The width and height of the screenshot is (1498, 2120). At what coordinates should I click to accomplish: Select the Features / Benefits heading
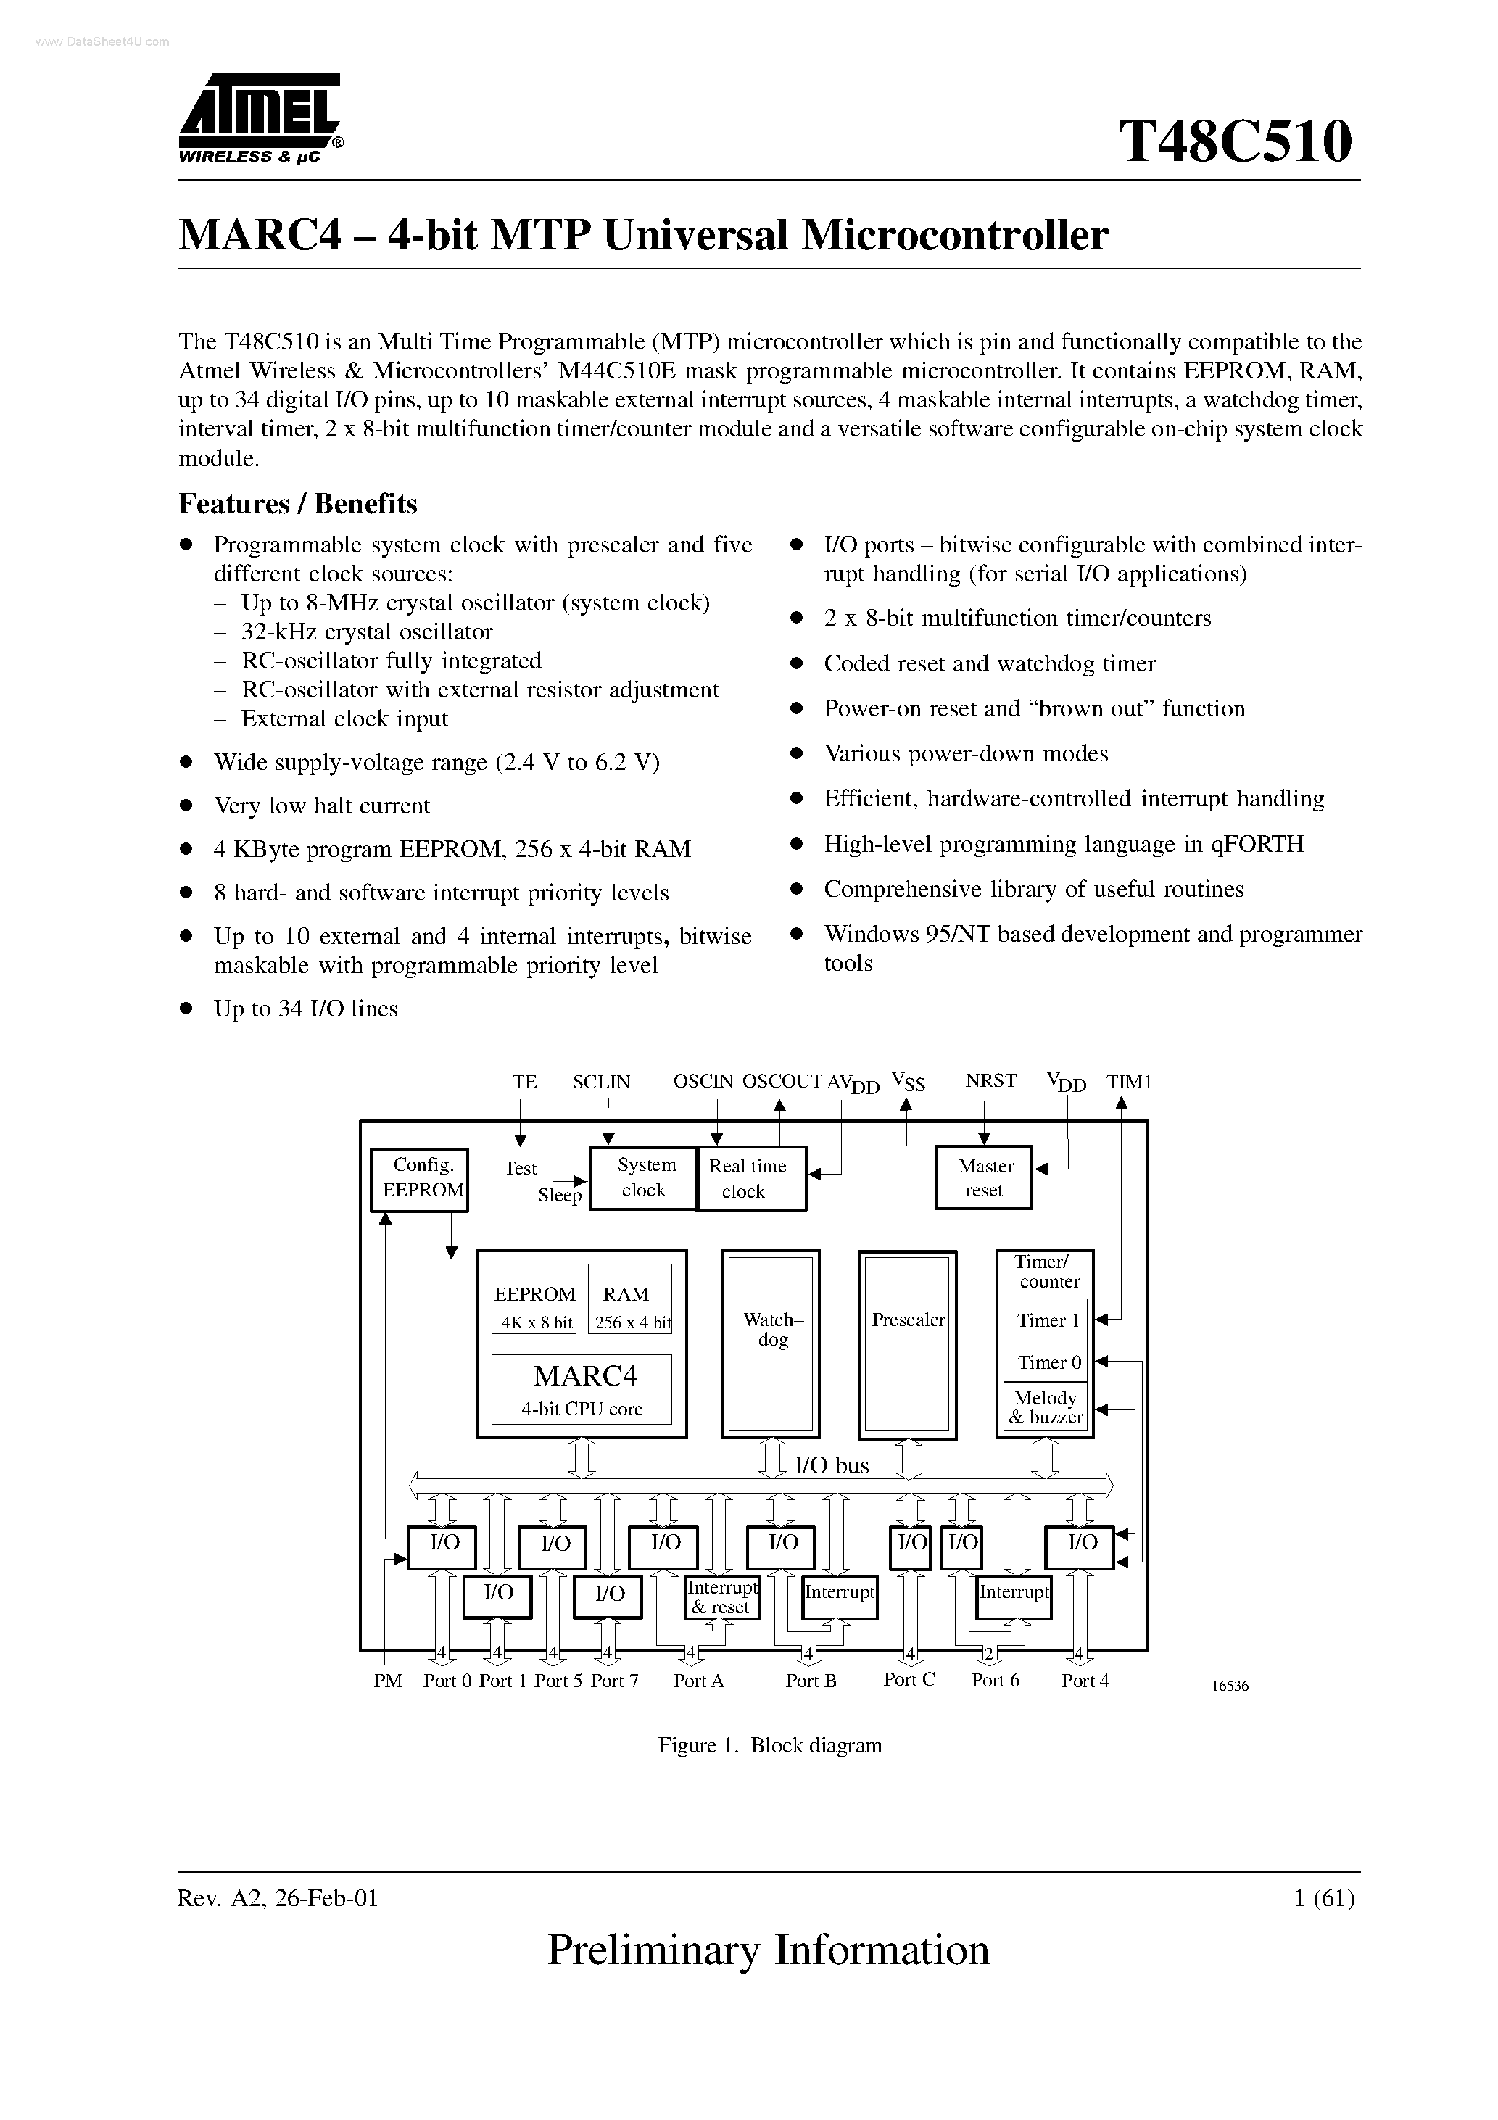click(x=297, y=503)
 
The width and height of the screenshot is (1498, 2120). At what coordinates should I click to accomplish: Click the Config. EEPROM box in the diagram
click(x=419, y=1179)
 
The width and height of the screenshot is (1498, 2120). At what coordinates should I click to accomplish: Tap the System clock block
click(x=644, y=1178)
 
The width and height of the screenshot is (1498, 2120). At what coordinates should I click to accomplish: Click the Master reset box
click(x=984, y=1178)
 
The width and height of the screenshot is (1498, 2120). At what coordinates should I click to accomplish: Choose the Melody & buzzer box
click(x=1046, y=1407)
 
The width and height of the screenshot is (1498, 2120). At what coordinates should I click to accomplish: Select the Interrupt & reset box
click(x=722, y=1597)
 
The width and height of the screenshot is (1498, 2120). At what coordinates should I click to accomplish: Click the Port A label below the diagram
click(x=698, y=1681)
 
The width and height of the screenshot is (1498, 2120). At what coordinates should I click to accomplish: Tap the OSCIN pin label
click(x=702, y=1081)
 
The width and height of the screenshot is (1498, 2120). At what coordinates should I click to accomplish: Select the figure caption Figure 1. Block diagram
click(x=769, y=1745)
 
